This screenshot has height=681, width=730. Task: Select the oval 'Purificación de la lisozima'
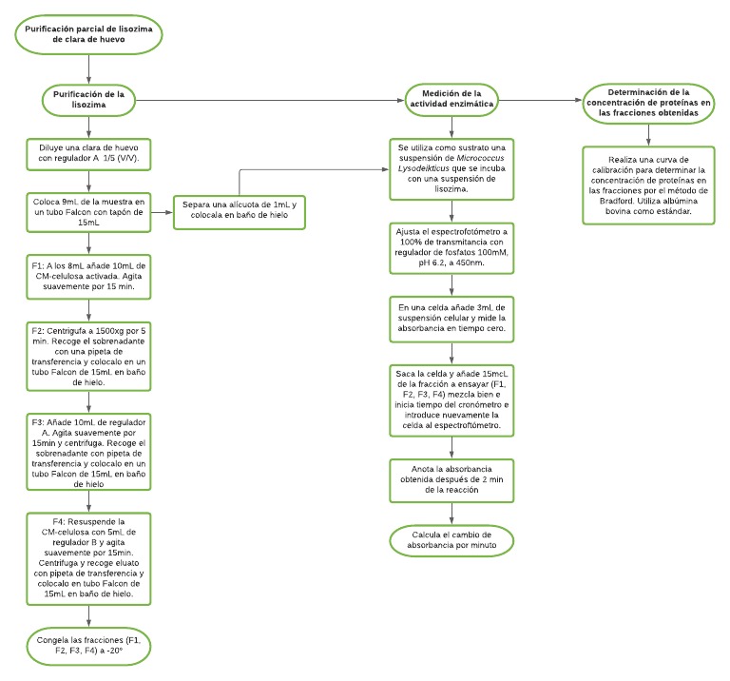[x=88, y=99]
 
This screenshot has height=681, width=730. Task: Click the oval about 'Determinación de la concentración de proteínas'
[x=649, y=104]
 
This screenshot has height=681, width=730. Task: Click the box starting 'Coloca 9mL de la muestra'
[x=88, y=211]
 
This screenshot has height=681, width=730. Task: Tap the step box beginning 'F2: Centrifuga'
[x=88, y=350]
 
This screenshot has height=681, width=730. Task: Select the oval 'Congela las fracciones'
[x=88, y=644]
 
